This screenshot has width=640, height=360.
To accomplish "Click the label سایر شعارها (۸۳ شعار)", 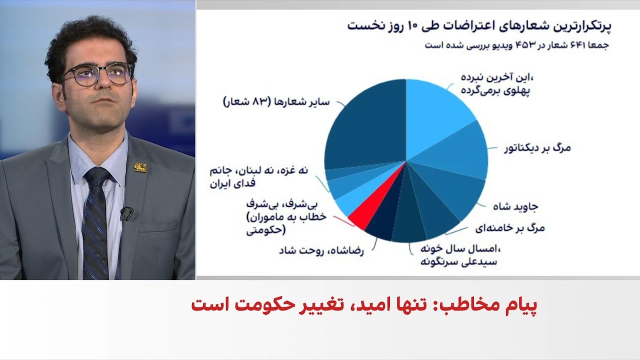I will [x=276, y=102].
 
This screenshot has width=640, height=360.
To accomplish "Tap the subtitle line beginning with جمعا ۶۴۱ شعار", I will [x=517, y=45].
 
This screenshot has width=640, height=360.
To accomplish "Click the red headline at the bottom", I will [x=364, y=305].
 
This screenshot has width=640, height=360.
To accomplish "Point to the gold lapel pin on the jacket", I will [x=140, y=167].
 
